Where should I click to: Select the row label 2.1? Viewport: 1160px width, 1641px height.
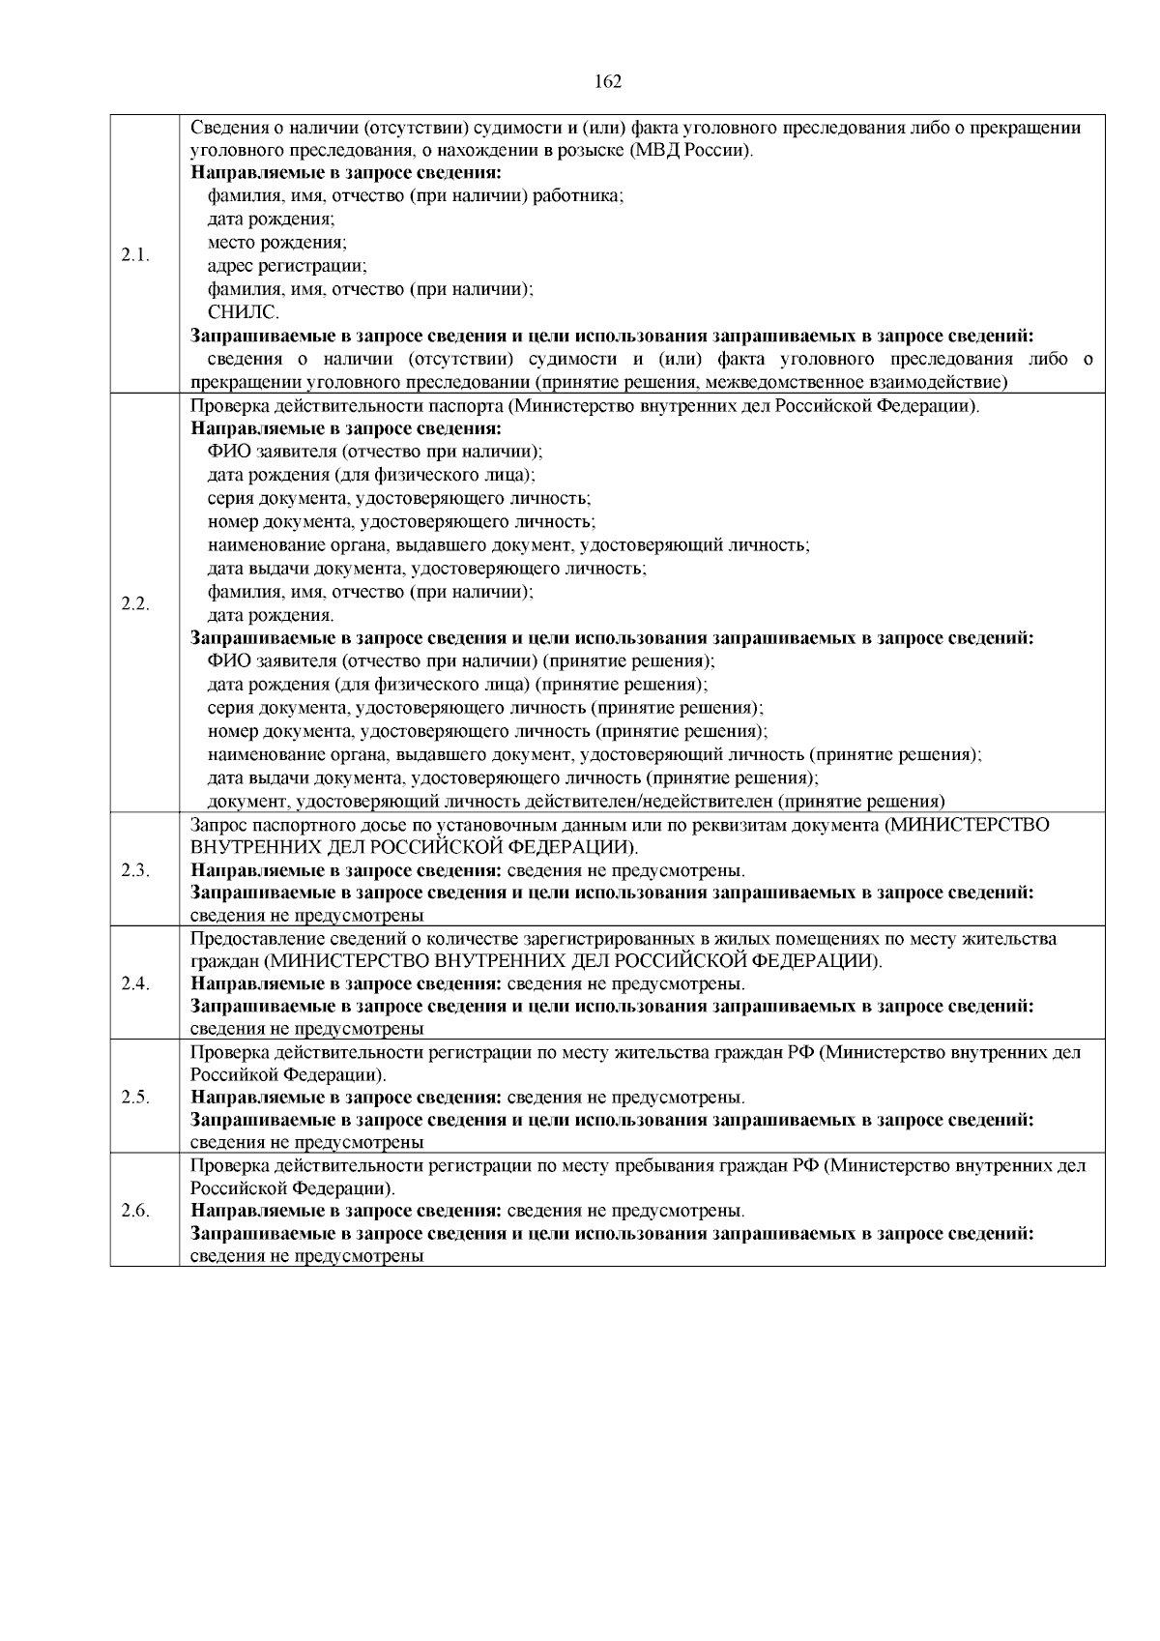pos(135,255)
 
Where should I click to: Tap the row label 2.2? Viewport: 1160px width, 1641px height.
pos(135,603)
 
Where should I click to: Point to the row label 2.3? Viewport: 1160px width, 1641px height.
pos(135,869)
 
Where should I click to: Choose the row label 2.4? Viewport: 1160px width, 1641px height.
pos(135,983)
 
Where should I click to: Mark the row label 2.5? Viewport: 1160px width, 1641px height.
pos(135,1098)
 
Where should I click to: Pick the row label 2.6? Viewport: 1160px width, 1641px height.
pos(135,1211)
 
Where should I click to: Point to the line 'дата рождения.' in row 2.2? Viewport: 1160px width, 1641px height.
pos(271,615)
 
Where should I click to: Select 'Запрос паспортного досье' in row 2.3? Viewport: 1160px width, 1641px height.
pos(296,825)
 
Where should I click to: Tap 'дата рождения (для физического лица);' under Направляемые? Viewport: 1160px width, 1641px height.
pos(371,476)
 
